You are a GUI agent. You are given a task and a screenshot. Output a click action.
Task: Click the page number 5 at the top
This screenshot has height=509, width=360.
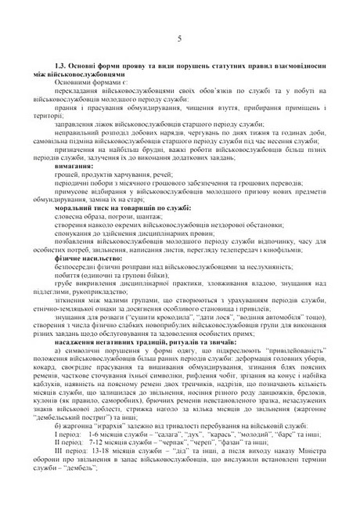180,38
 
